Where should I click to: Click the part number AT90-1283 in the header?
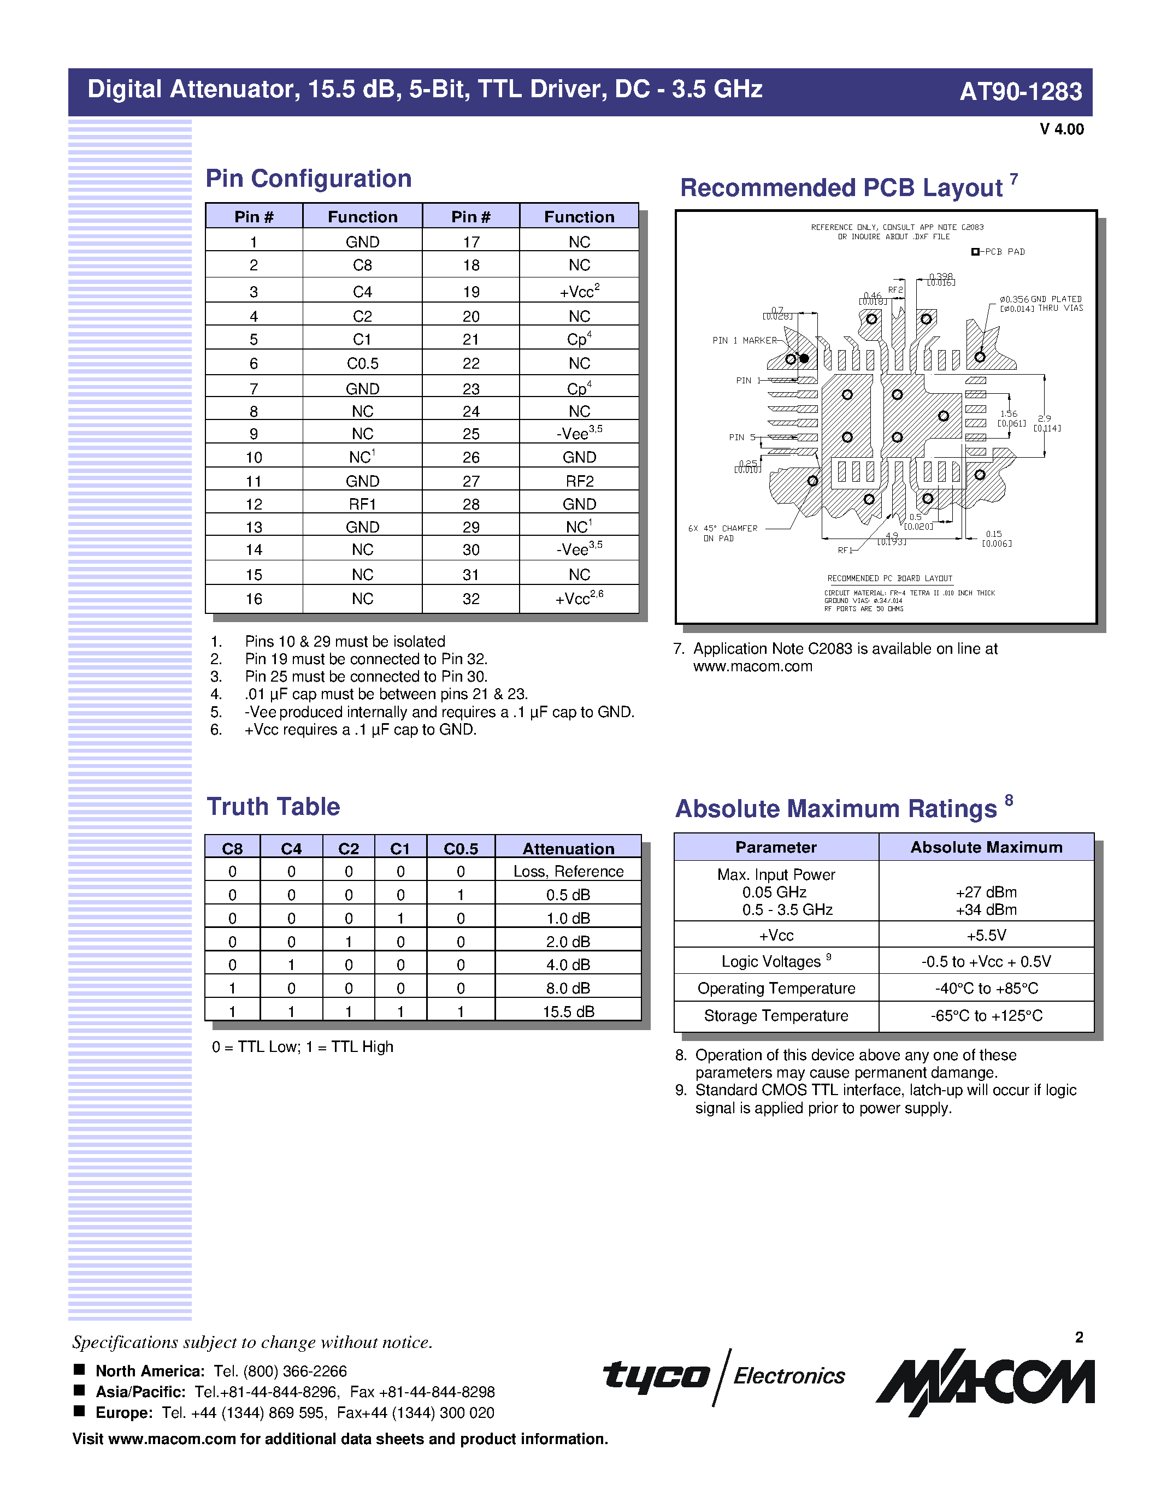coord(1020,91)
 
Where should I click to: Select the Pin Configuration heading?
coord(308,179)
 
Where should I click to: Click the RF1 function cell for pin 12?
coord(362,504)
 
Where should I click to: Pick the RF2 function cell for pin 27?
coord(579,481)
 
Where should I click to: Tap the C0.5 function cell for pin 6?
coord(362,364)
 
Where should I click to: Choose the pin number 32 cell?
coord(470,599)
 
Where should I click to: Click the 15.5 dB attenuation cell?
coord(568,1012)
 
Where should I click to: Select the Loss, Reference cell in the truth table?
coord(568,871)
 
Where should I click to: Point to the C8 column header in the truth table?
coord(233,849)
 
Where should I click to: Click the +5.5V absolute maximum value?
coord(986,935)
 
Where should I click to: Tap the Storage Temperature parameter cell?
coord(776,1016)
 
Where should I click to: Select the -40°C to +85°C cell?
coord(986,988)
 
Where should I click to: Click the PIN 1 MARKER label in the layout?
coord(744,340)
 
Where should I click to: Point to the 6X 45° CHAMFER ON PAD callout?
coord(722,533)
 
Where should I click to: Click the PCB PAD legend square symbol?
coord(975,252)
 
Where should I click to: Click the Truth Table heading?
coord(273,807)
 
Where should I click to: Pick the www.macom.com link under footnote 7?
coord(752,666)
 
